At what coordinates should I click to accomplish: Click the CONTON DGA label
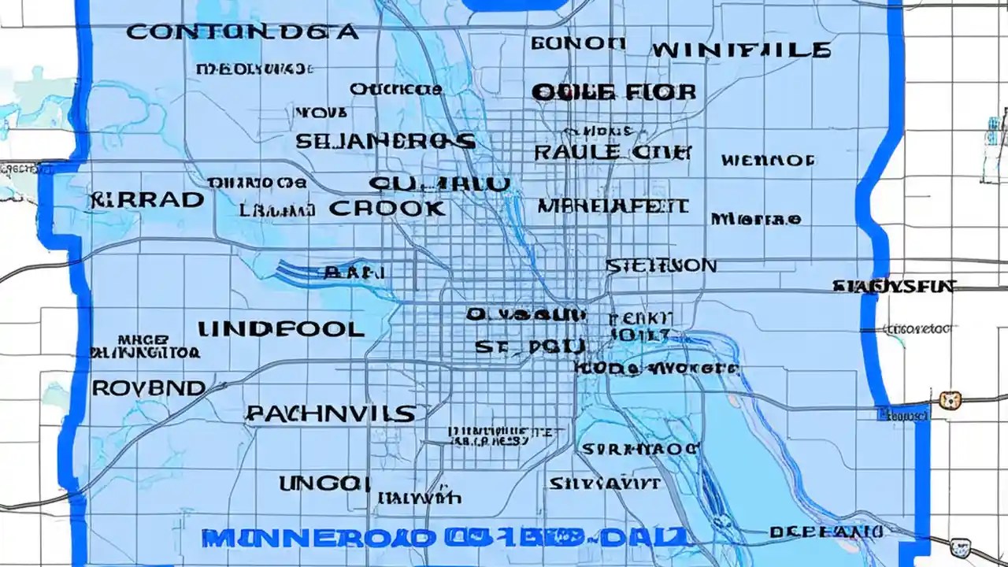pos(241,32)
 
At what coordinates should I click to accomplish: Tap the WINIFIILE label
pos(740,51)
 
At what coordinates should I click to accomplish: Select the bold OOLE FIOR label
pos(613,92)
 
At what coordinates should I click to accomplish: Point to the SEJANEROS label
pos(385,142)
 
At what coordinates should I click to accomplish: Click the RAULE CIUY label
pos(613,152)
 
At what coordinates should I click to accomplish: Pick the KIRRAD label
pos(146,200)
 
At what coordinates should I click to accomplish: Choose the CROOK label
pos(387,209)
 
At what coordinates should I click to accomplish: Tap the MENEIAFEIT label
pos(613,207)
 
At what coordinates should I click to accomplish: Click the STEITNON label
pos(661,266)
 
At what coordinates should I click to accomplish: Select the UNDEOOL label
pos(280,329)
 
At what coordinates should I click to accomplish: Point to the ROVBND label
pos(149,388)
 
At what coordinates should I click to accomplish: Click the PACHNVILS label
pos(331,413)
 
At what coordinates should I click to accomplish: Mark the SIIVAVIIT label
pos(605,483)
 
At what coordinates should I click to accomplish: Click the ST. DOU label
pos(530,346)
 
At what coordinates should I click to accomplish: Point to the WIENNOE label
pos(767,161)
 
